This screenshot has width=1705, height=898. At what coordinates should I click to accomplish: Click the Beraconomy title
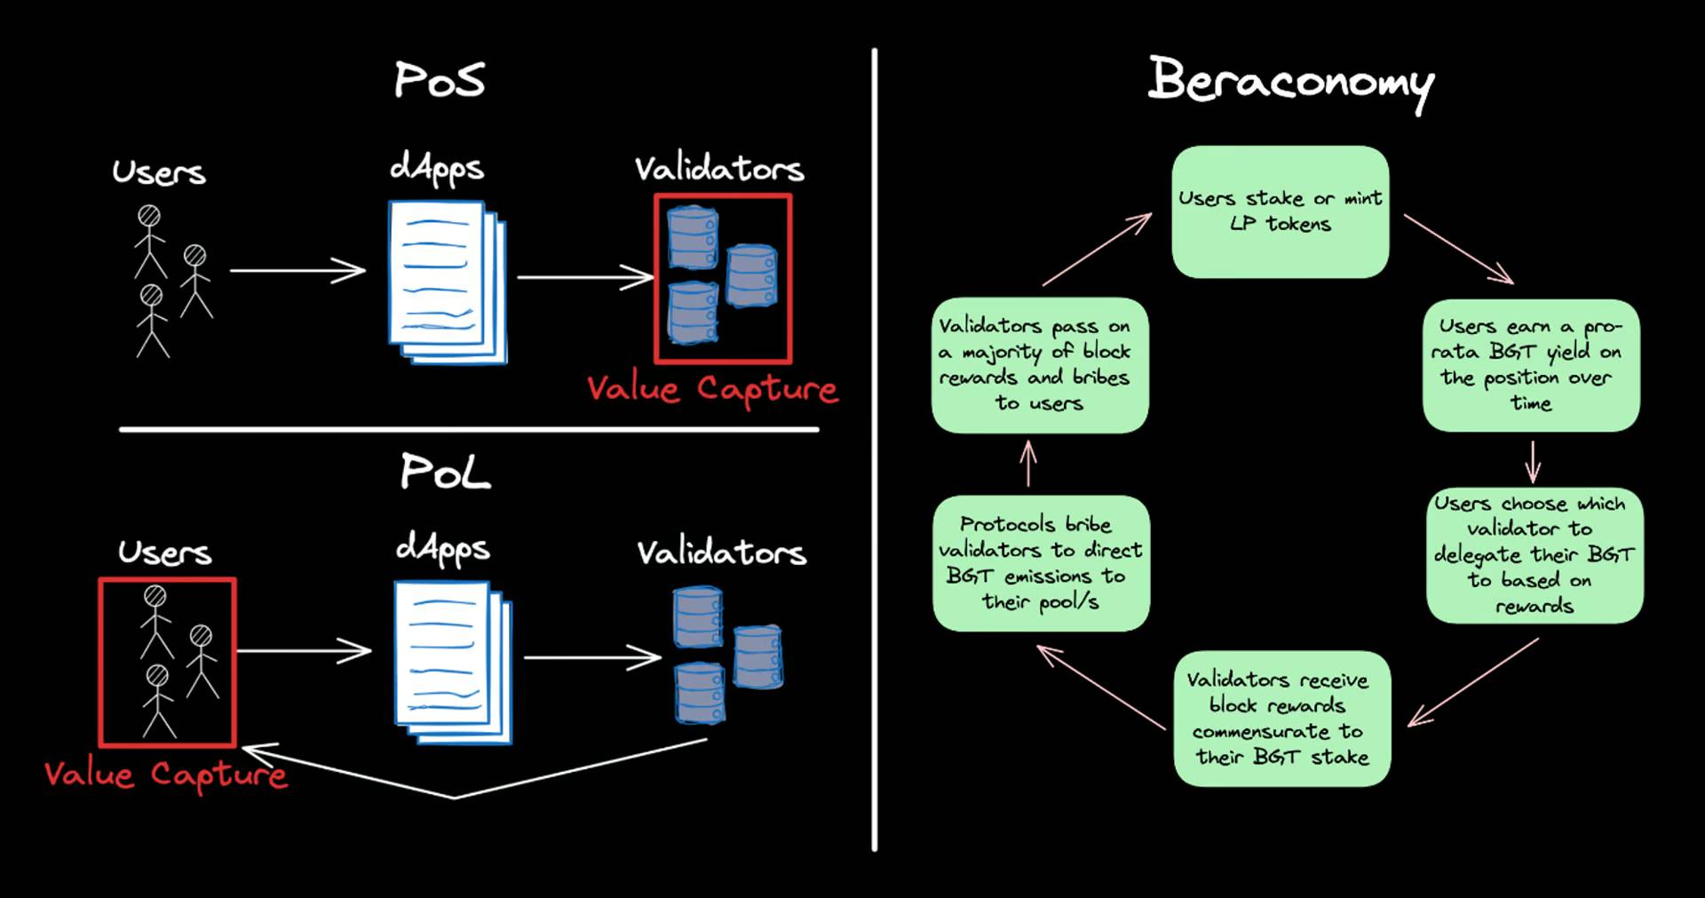[x=1289, y=82]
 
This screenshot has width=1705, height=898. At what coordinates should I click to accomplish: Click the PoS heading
[x=440, y=80]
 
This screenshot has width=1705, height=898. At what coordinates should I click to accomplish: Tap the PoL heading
[x=444, y=472]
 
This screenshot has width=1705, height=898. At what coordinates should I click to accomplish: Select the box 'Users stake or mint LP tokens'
[x=1280, y=211]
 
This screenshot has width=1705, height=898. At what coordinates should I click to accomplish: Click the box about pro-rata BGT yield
[x=1530, y=365]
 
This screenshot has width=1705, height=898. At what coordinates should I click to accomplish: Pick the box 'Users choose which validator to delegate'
[x=1534, y=554]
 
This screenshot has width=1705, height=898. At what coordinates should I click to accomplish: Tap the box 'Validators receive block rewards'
[x=1281, y=718]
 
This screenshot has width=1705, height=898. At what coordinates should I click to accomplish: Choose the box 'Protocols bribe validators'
[x=1041, y=563]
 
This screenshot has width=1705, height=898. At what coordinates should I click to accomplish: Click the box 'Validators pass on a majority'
[x=1039, y=365]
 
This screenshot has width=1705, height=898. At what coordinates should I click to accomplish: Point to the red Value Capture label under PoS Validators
[x=711, y=389]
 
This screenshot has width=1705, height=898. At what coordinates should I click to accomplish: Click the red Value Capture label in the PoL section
[x=166, y=775]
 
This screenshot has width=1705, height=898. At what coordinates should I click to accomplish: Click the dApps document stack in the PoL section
[x=453, y=662]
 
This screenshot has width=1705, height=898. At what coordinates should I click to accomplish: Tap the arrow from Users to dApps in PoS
[x=297, y=270]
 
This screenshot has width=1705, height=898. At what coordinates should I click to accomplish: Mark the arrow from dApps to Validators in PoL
[x=592, y=657]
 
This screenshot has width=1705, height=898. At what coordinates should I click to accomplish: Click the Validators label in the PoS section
[x=719, y=169]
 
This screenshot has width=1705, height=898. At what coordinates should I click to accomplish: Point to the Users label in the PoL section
[x=165, y=552]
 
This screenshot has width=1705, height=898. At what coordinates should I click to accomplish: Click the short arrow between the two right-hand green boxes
[x=1533, y=461]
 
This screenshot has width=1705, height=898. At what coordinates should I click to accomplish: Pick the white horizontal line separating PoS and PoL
[x=469, y=430]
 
